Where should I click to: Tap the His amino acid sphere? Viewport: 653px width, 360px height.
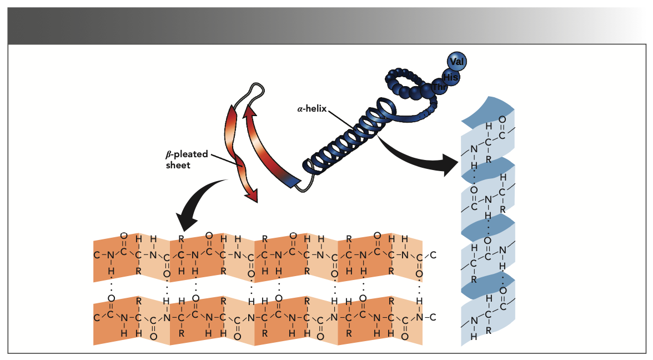coord(450,77)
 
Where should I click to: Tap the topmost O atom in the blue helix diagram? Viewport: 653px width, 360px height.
coord(502,119)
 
